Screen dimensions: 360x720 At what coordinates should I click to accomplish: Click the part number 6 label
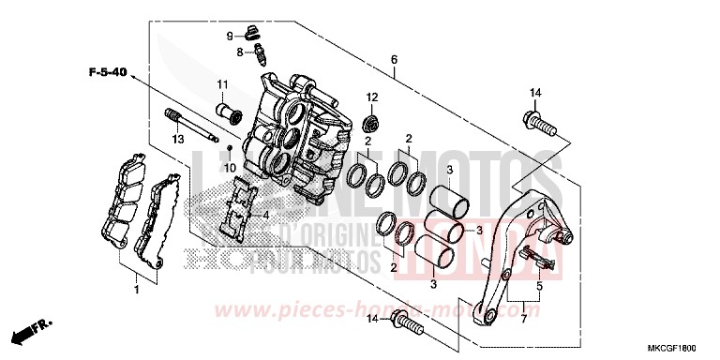(394, 59)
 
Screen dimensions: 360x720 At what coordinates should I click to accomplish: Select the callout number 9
(228, 36)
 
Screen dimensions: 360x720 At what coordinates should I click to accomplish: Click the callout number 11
(222, 85)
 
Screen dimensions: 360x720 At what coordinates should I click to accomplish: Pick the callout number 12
(371, 97)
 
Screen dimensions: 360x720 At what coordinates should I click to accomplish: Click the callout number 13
(175, 139)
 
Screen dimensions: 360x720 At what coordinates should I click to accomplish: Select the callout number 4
(266, 215)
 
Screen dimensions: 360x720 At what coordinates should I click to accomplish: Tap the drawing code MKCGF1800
(682, 347)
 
